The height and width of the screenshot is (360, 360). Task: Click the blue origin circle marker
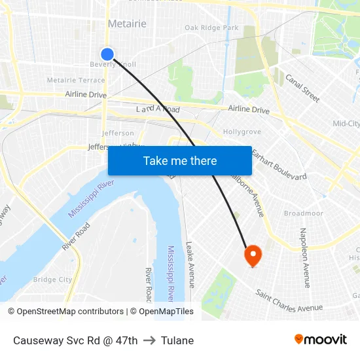107,54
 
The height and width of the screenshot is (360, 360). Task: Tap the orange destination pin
253,255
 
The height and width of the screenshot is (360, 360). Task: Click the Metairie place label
127,24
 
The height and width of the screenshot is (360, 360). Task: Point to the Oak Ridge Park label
211,27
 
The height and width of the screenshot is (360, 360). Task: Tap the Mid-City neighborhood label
346,124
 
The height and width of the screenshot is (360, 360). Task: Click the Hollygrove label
242,132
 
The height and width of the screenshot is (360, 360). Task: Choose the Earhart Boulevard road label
279,167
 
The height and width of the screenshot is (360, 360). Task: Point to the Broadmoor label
304,213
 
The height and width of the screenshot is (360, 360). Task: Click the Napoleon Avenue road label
304,257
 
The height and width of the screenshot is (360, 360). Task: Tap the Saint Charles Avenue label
289,300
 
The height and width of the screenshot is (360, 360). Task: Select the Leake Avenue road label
190,264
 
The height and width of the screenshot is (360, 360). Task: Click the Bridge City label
53,279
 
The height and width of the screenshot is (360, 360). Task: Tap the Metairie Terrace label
76,81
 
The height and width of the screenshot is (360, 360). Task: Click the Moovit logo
320,339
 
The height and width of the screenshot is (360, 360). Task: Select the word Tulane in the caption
178,340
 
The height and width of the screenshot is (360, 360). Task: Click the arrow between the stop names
150,340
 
